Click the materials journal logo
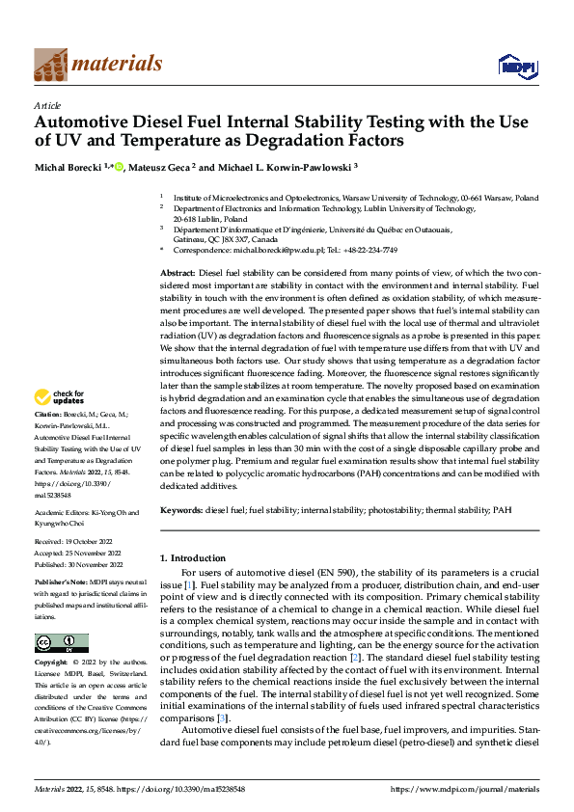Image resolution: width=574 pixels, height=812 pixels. (97, 64)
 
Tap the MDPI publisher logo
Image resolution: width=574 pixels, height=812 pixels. (516, 66)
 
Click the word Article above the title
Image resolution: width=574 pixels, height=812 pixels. (47, 104)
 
